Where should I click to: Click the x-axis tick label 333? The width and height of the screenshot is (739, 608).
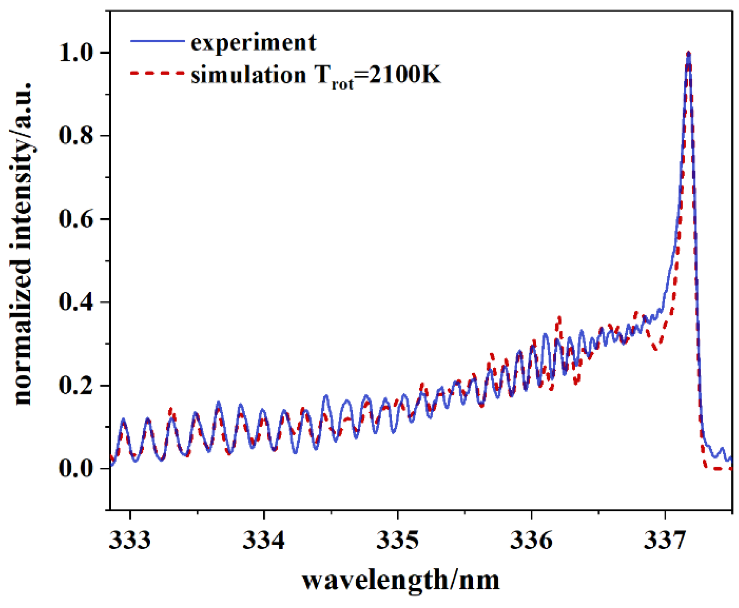pyautogui.click(x=130, y=540)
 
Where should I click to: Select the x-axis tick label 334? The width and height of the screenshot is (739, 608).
pyautogui.click(x=263, y=540)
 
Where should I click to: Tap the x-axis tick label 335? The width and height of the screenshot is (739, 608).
pyautogui.click(x=397, y=540)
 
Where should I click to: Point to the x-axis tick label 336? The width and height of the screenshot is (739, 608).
pyautogui.click(x=531, y=540)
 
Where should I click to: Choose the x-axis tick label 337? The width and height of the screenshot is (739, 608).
pyautogui.click(x=664, y=540)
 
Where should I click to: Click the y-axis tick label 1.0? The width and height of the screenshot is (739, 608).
pyautogui.click(x=76, y=53)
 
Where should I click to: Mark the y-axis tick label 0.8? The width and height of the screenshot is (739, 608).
pyautogui.click(x=76, y=136)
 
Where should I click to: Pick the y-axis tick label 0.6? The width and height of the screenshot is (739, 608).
pyautogui.click(x=76, y=219)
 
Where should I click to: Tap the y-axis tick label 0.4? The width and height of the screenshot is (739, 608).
pyautogui.click(x=76, y=302)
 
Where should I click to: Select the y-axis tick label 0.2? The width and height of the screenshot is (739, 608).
pyautogui.click(x=76, y=386)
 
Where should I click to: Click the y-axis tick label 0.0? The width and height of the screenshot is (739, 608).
pyautogui.click(x=76, y=469)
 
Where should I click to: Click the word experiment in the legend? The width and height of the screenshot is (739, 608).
pyautogui.click(x=253, y=42)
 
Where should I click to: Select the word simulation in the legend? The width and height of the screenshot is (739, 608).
pyautogui.click(x=248, y=74)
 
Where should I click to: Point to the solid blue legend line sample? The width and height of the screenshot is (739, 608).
pyautogui.click(x=158, y=41)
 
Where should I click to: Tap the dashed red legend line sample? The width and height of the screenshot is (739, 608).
pyautogui.click(x=158, y=73)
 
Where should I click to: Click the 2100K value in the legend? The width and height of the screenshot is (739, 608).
pyautogui.click(x=404, y=74)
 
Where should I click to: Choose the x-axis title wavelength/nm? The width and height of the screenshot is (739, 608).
pyautogui.click(x=401, y=580)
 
